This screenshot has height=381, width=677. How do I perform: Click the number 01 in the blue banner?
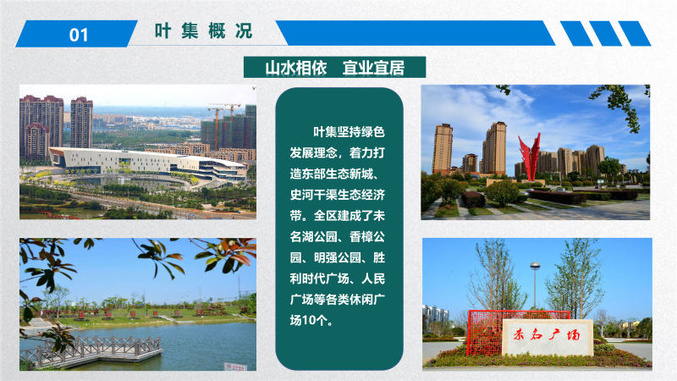[x=79, y=35]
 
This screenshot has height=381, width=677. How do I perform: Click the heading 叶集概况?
[x=203, y=31]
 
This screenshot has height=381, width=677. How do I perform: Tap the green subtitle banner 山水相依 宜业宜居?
[x=334, y=68]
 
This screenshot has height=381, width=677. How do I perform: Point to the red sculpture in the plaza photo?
[x=530, y=156]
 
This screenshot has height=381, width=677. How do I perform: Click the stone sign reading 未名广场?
[x=548, y=337]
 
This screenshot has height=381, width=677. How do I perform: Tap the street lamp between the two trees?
[x=535, y=285]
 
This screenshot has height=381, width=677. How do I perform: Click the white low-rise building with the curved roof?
[x=146, y=163]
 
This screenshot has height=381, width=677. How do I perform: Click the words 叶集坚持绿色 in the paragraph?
[x=349, y=132]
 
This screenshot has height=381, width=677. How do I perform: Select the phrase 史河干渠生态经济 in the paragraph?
[x=337, y=195]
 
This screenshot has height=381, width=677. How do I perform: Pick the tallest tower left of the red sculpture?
[x=494, y=148]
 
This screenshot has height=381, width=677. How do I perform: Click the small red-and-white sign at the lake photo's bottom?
[x=235, y=367]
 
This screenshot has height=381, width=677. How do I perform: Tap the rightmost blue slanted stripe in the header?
[x=634, y=33]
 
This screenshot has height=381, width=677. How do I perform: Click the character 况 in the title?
[x=244, y=31]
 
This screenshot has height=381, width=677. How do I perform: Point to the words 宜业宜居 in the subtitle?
[x=373, y=68]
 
